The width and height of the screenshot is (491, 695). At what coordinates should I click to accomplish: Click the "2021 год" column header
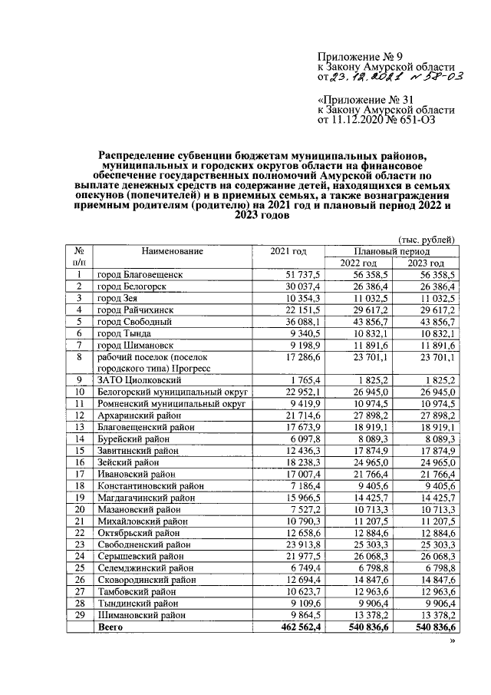288,252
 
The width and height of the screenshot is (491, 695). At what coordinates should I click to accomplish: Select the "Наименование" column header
172,252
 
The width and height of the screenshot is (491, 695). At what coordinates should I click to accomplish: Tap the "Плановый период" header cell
391,251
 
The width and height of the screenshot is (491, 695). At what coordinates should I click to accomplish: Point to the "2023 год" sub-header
427,263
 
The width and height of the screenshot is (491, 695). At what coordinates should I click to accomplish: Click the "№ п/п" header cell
78,257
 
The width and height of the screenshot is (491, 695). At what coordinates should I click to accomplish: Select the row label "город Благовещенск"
140,274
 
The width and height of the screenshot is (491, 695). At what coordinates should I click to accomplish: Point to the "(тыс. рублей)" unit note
427,240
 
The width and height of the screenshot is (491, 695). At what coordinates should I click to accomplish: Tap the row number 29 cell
78,615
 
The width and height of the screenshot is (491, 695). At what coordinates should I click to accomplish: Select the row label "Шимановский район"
141,615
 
